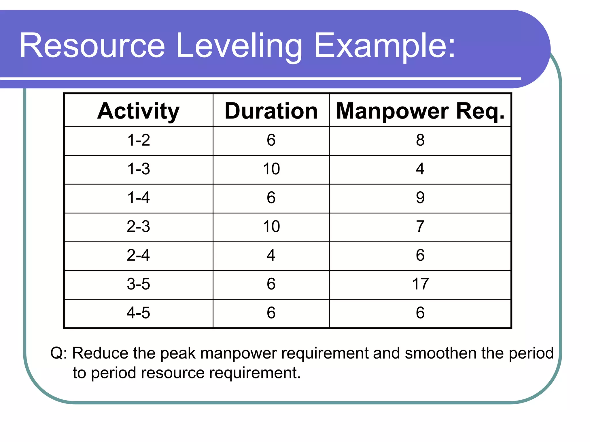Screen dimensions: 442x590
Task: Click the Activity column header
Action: tap(138, 111)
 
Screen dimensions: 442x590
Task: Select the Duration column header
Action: tap(271, 111)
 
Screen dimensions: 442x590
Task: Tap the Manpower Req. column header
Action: tap(420, 111)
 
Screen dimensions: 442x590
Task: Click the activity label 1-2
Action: tap(139, 140)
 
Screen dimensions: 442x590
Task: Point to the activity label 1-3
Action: tap(139, 169)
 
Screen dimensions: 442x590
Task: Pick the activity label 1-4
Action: tap(139, 198)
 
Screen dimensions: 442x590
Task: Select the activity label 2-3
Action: tap(139, 226)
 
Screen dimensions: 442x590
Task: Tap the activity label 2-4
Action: tap(139, 255)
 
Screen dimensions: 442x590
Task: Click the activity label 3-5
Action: tap(139, 284)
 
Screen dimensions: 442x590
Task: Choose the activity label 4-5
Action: tap(139, 313)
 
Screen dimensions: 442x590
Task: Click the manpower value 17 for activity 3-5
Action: tap(420, 284)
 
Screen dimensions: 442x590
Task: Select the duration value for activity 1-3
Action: tap(271, 169)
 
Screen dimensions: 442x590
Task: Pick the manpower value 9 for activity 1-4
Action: tap(420, 198)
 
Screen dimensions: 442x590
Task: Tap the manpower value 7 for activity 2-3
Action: tap(420, 226)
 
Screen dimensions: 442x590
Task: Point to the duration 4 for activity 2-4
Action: tap(271, 255)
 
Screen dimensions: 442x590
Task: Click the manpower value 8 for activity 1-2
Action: tap(420, 140)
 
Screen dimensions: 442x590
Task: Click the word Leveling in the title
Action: tap(239, 46)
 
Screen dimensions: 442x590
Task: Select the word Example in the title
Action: tap(380, 46)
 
